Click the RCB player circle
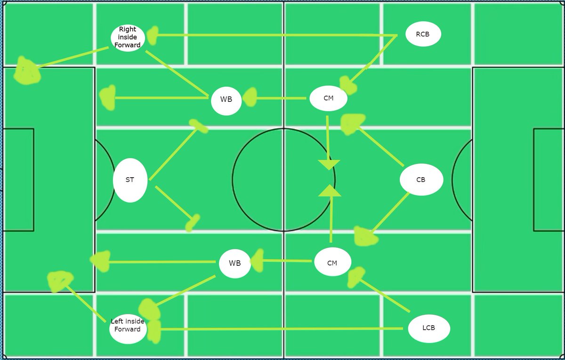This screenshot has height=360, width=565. tap(423, 34)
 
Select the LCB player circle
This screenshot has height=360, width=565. tap(428, 328)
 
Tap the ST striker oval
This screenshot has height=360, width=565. tap(130, 180)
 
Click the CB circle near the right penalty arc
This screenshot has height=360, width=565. tap(421, 180)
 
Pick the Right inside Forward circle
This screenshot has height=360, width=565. tap(128, 37)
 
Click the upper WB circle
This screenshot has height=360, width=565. tap(226, 100)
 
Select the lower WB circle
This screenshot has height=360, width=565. tap(234, 263)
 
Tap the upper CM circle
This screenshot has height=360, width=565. tap(328, 98)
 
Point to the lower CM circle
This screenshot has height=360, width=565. tap(332, 263)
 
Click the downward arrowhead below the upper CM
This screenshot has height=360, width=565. tap(329, 164)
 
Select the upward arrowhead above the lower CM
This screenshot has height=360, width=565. tap(330, 190)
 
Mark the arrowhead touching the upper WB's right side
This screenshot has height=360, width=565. tap(250, 98)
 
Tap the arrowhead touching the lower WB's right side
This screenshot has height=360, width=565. tap(258, 261)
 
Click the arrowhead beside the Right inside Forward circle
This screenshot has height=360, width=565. tap(152, 35)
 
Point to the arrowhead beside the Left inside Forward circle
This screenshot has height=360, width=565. tap(153, 330)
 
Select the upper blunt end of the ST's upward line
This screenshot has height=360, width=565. tap(198, 125)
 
